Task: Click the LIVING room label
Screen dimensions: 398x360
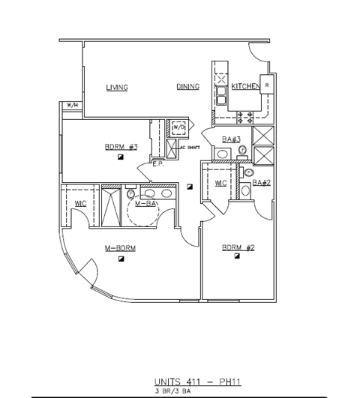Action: (x=116, y=88)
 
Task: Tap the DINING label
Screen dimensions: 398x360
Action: (x=188, y=87)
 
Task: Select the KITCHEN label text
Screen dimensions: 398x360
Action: (x=245, y=87)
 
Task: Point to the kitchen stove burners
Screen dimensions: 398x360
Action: (x=245, y=116)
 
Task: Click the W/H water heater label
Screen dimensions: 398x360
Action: (x=72, y=106)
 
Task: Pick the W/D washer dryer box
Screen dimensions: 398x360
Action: (x=178, y=128)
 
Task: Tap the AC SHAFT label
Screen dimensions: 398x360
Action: (x=190, y=147)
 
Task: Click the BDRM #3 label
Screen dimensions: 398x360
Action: (x=121, y=147)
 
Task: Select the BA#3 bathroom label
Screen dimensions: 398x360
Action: (x=231, y=139)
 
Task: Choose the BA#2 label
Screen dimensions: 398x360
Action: (x=260, y=182)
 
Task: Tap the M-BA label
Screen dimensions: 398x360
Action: (x=146, y=203)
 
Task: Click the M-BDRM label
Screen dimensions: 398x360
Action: (x=120, y=248)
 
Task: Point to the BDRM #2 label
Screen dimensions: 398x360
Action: (x=238, y=247)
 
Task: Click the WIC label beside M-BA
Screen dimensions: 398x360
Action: (x=80, y=204)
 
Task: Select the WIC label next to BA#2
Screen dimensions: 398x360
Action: (x=220, y=183)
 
